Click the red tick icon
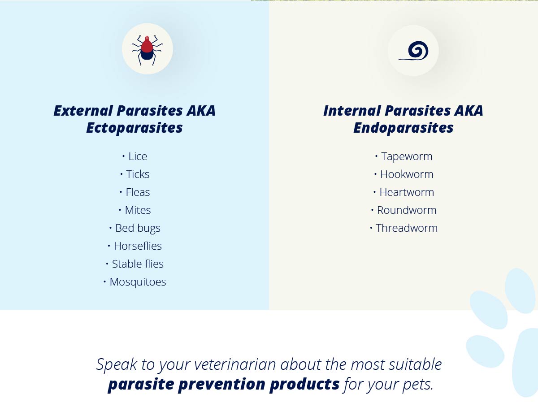[x=148, y=50]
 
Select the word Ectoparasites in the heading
[x=134, y=128]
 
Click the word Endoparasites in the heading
[x=403, y=128]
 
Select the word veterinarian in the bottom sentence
[x=235, y=364]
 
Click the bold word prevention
[x=221, y=384]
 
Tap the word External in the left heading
[x=83, y=111]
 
